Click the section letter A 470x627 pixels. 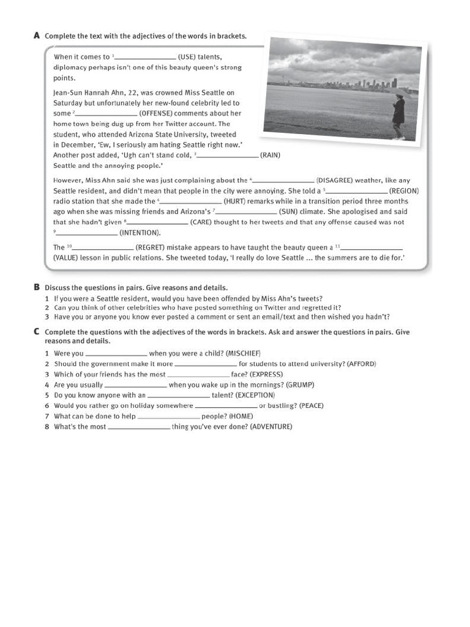point(37,36)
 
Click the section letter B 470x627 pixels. point(37,287)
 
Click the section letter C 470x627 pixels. point(37,332)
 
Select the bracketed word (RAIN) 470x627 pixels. point(270,155)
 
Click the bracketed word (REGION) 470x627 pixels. point(404,190)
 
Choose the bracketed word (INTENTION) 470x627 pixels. point(140,233)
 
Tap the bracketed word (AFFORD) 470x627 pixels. point(361,364)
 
